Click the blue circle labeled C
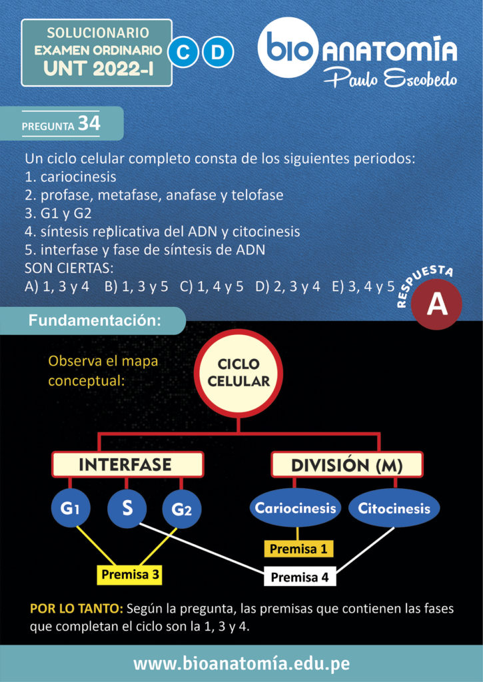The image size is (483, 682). [x=182, y=52]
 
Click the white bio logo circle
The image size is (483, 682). [x=290, y=48]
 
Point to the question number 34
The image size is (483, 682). [x=89, y=123]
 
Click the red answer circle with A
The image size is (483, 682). [x=436, y=304]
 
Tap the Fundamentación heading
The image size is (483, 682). [x=95, y=320]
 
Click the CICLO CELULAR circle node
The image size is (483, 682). [x=239, y=374]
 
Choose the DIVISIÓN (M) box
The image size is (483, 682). [x=346, y=464]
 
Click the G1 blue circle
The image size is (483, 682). [x=71, y=509]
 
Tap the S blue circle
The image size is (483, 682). [x=127, y=508]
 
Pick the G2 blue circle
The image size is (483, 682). [x=182, y=510]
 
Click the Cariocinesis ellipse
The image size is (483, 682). [x=296, y=508]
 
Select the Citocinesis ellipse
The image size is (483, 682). [x=394, y=508]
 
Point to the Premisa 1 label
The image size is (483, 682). [x=298, y=549]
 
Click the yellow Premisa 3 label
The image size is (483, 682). [x=129, y=573]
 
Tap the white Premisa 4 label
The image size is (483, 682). [x=300, y=577]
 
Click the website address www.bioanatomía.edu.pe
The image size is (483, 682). [x=241, y=663]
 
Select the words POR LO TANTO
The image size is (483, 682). [x=76, y=609]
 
